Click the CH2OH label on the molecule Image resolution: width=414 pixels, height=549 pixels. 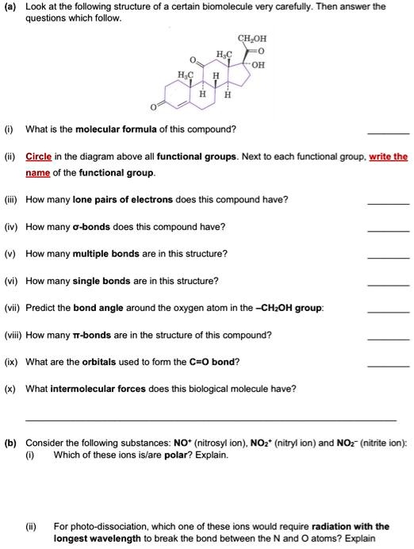(253, 36)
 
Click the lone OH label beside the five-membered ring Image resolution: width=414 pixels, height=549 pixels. (256, 65)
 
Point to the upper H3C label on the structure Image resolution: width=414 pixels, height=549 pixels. (224, 53)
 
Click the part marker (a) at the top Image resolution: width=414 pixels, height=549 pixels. (10, 6)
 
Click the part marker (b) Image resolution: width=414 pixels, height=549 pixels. (10, 442)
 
